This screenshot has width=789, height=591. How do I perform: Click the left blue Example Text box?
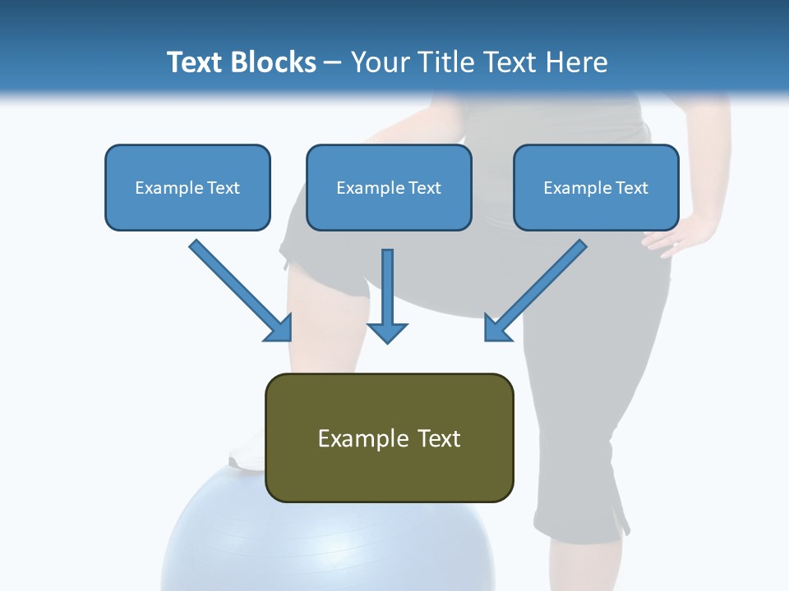[x=187, y=188]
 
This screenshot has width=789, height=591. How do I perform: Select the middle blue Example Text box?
[x=389, y=188]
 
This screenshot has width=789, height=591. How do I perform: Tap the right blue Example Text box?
[x=596, y=188]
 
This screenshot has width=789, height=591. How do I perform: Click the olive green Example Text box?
[x=389, y=438]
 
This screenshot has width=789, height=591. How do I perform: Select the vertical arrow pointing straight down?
[x=387, y=295]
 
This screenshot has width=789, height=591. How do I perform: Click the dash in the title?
[x=333, y=63]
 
